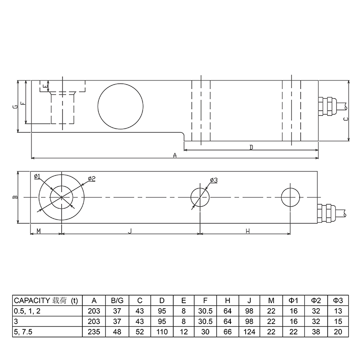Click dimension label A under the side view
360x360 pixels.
pyautogui.click(x=175, y=155)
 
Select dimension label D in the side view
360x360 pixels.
pyautogui.click(x=251, y=147)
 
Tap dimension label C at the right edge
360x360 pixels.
pyautogui.click(x=345, y=119)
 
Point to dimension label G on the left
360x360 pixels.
pyautogui.click(x=15, y=107)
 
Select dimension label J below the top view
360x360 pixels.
pyautogui.click(x=130, y=231)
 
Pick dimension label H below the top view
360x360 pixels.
pyautogui.click(x=247, y=231)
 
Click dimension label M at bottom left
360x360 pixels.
pyautogui.click(x=39, y=231)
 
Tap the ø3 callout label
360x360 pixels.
pyautogui.click(x=213, y=180)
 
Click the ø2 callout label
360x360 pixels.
pyautogui.click(x=91, y=179)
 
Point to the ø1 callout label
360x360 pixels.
pyautogui.click(x=37, y=176)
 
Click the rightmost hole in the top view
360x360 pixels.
pyautogui.click(x=290, y=197)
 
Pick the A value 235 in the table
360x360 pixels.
pyautogui.click(x=94, y=332)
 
